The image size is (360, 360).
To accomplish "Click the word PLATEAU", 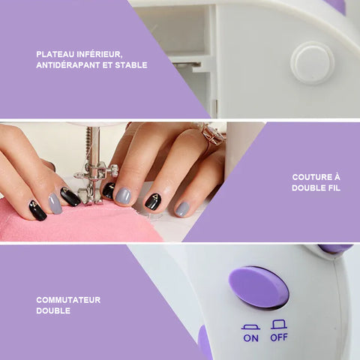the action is pyautogui.click(x=55, y=54).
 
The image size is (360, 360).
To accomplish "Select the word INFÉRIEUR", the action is pyautogui.click(x=100, y=55).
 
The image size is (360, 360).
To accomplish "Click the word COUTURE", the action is pyautogui.click(x=310, y=177).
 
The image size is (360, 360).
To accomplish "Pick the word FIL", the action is pyautogui.click(x=334, y=188).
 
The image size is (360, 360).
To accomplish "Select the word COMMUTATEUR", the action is pyautogui.click(x=68, y=300).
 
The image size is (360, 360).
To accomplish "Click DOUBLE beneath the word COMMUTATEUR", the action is pyautogui.click(x=53, y=310).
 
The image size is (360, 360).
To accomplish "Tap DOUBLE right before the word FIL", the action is pyautogui.click(x=308, y=188).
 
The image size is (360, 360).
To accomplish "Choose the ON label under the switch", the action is pyautogui.click(x=250, y=338).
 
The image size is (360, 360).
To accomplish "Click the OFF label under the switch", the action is pyautogui.click(x=279, y=337).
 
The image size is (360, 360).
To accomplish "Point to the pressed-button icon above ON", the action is pyautogui.click(x=250, y=327).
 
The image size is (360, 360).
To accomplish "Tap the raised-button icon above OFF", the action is pyautogui.click(x=279, y=324).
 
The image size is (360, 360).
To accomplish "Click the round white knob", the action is pyautogui.click(x=313, y=63).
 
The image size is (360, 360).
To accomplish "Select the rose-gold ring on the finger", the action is pyautogui.click(x=212, y=135).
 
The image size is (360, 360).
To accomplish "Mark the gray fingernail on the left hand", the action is pyautogui.click(x=55, y=203).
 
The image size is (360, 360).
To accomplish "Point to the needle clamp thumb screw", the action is pyautogui.click(x=114, y=170).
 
